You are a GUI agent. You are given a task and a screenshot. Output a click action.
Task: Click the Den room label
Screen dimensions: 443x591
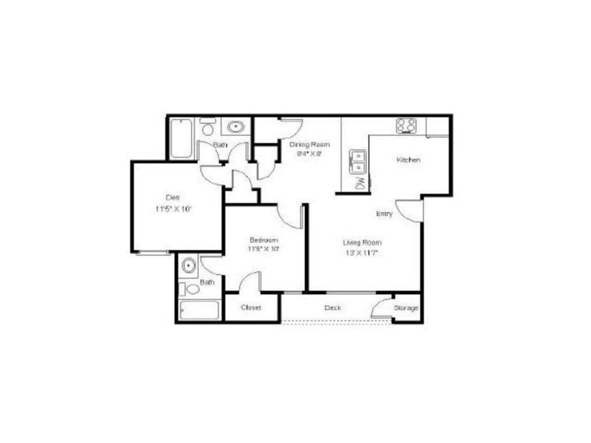[173, 197]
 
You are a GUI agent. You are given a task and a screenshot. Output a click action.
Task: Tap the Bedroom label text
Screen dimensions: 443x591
[264, 240]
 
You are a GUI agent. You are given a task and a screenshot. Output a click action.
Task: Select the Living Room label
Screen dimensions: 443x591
[362, 242]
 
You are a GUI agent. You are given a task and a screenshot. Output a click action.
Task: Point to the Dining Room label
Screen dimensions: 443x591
[309, 144]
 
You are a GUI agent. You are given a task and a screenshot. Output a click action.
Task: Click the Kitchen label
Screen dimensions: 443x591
[408, 160]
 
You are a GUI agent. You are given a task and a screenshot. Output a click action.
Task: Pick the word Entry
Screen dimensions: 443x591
[384, 214]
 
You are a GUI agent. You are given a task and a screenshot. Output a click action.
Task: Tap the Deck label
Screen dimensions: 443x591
[332, 308]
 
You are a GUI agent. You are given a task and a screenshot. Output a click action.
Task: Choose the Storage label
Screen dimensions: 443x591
[406, 308]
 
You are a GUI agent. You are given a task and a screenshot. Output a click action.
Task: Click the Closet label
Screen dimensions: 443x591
[251, 307]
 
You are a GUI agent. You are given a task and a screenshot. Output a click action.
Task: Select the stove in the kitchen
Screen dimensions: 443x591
[406, 125]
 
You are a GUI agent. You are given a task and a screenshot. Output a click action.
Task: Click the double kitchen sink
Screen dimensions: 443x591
[359, 161]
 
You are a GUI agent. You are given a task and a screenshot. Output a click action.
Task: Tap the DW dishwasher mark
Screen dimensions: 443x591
[360, 184]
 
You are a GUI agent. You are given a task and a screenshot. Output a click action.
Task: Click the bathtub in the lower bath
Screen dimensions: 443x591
[199, 310]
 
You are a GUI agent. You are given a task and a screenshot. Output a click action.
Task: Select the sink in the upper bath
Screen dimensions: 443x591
[235, 127]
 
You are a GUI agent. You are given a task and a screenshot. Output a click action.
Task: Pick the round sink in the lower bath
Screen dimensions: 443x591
[188, 266]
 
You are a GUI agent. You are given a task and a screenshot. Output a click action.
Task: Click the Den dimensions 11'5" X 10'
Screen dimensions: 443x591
[173, 209]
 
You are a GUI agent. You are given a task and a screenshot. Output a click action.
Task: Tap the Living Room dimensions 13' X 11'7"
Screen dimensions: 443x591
[362, 253]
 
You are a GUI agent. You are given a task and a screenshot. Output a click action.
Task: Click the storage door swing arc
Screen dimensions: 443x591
[381, 308]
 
